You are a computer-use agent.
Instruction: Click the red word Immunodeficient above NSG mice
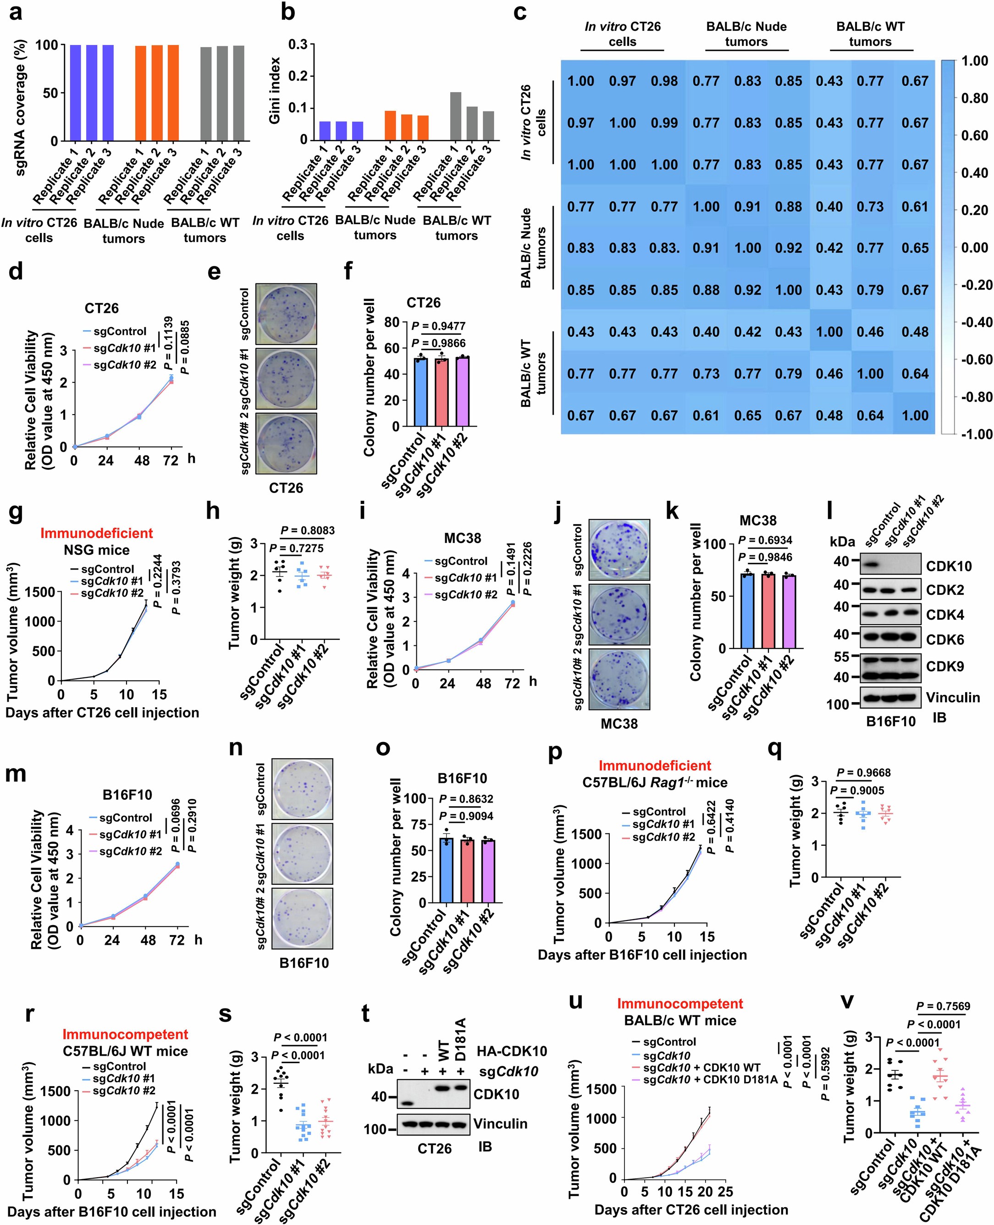click(x=96, y=533)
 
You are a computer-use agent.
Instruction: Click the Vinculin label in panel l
click(x=953, y=698)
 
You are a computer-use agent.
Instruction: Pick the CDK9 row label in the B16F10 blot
click(x=945, y=666)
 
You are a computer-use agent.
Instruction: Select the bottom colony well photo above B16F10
click(x=302, y=918)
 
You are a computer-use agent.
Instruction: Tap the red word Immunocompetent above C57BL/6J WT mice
click(x=125, y=1034)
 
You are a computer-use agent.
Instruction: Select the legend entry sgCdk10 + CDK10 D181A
click(x=710, y=1080)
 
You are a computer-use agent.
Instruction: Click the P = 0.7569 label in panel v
click(x=943, y=1006)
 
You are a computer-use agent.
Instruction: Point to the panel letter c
click(x=520, y=12)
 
